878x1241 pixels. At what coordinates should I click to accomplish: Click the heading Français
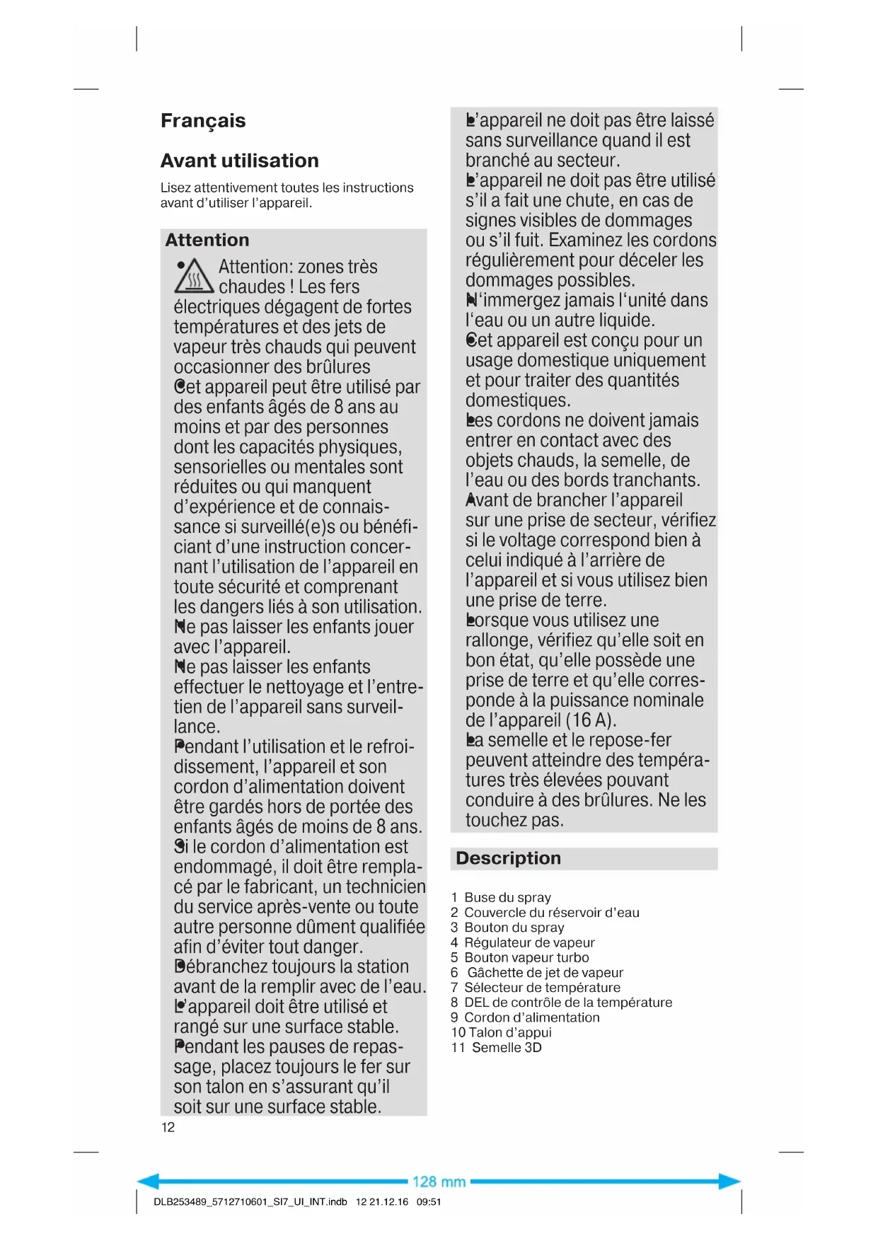[203, 121]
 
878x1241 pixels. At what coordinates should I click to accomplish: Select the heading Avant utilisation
[239, 161]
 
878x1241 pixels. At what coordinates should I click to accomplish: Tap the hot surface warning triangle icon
[194, 277]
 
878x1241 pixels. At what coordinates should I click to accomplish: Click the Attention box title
[207, 240]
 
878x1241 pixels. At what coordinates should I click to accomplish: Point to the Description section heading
[508, 858]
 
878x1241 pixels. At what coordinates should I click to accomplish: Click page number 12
[168, 1127]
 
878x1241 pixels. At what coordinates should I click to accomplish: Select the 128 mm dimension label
[439, 1182]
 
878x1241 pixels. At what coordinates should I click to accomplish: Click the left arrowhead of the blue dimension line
[146, 1181]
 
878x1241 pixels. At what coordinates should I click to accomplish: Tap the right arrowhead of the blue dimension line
[731, 1181]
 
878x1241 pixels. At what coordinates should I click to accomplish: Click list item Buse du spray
[507, 897]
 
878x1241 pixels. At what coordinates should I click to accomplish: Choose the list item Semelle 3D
[506, 1047]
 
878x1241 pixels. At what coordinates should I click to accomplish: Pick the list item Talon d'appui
[509, 1032]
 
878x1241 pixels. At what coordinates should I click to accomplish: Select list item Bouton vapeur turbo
[526, 957]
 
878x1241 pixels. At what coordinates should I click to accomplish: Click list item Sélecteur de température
[541, 987]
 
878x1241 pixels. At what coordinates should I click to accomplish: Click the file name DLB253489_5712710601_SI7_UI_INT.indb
[250, 1201]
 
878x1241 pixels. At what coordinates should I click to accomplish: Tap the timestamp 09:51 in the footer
[429, 1201]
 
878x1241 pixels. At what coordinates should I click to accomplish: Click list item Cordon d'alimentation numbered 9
[531, 1017]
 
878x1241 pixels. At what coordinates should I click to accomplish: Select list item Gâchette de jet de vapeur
[545, 972]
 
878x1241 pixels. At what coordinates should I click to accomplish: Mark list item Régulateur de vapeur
[528, 942]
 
